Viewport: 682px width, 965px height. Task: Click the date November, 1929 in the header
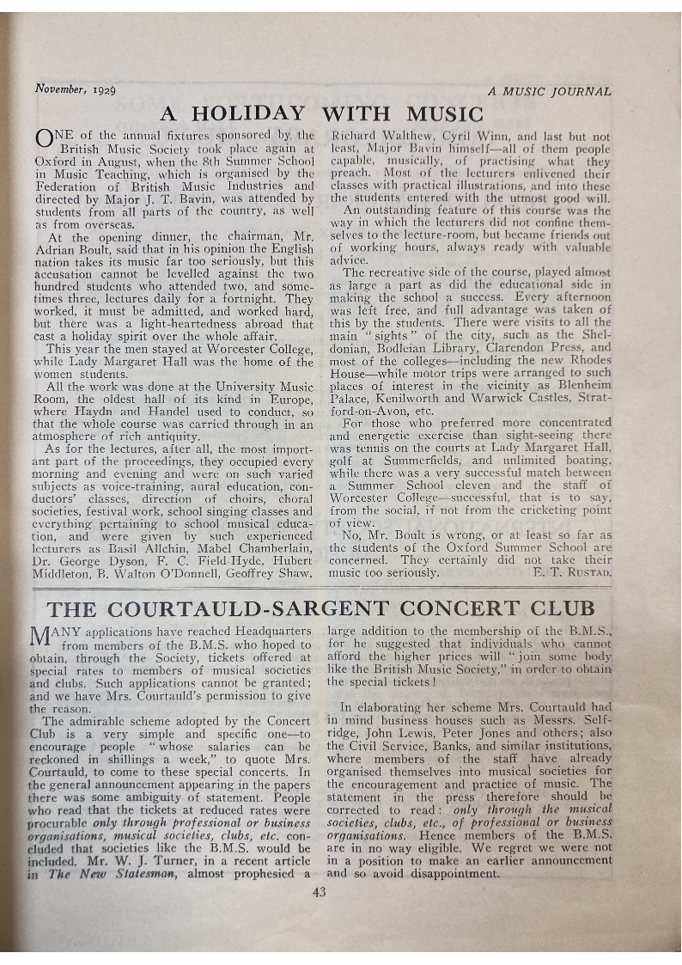(x=76, y=89)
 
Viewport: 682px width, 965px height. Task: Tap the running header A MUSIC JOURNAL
(x=549, y=91)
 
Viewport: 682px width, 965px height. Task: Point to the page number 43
(x=320, y=891)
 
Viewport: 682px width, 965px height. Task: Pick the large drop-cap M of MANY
(x=45, y=638)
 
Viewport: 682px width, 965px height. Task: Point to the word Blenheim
(x=582, y=385)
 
